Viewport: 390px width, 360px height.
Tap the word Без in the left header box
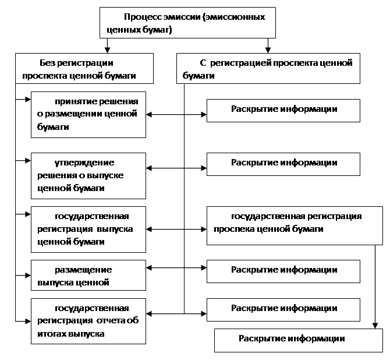pos(47,63)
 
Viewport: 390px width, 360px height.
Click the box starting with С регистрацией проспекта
pos(268,68)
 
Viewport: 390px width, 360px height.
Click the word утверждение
pos(84,163)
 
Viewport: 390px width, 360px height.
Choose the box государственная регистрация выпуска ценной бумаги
pos(88,230)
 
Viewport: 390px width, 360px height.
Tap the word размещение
pos(83,270)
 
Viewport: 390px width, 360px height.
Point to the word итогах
pos(52,334)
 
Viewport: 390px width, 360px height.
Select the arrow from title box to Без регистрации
pos(107,45)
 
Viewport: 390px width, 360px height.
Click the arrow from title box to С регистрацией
pos(268,45)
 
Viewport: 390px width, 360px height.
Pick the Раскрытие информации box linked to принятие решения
pos(283,111)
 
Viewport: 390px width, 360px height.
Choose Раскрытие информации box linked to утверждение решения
pos(283,164)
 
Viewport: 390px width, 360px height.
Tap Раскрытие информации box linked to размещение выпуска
pos(283,271)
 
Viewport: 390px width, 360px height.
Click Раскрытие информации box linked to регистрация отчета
pos(283,310)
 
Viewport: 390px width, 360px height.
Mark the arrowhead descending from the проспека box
pos(375,326)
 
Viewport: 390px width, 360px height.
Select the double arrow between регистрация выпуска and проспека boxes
pos(176,230)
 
